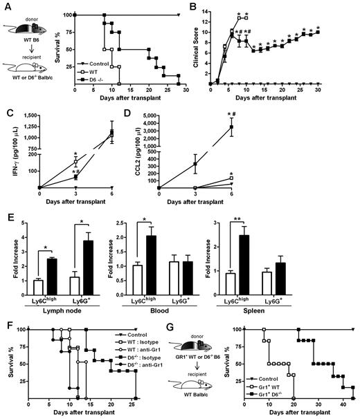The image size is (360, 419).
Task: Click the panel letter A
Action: pyautogui.click(x=6, y=7)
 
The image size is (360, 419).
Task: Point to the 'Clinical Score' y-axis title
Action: pyautogui.click(x=195, y=46)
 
